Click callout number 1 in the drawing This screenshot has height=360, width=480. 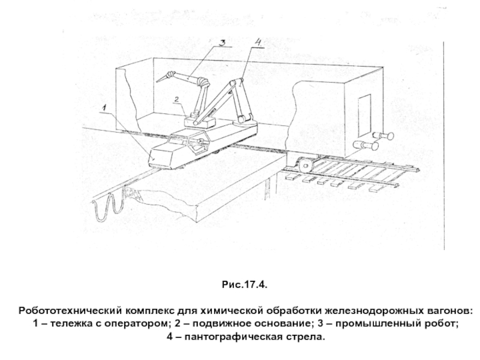click(x=103, y=108)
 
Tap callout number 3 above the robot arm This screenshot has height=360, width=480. click(x=221, y=43)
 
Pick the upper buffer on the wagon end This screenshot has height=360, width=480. click(x=380, y=135)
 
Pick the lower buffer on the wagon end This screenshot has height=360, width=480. click(x=365, y=145)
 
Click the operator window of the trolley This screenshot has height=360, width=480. click(x=196, y=143)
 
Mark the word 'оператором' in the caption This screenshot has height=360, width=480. click(x=137, y=324)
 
